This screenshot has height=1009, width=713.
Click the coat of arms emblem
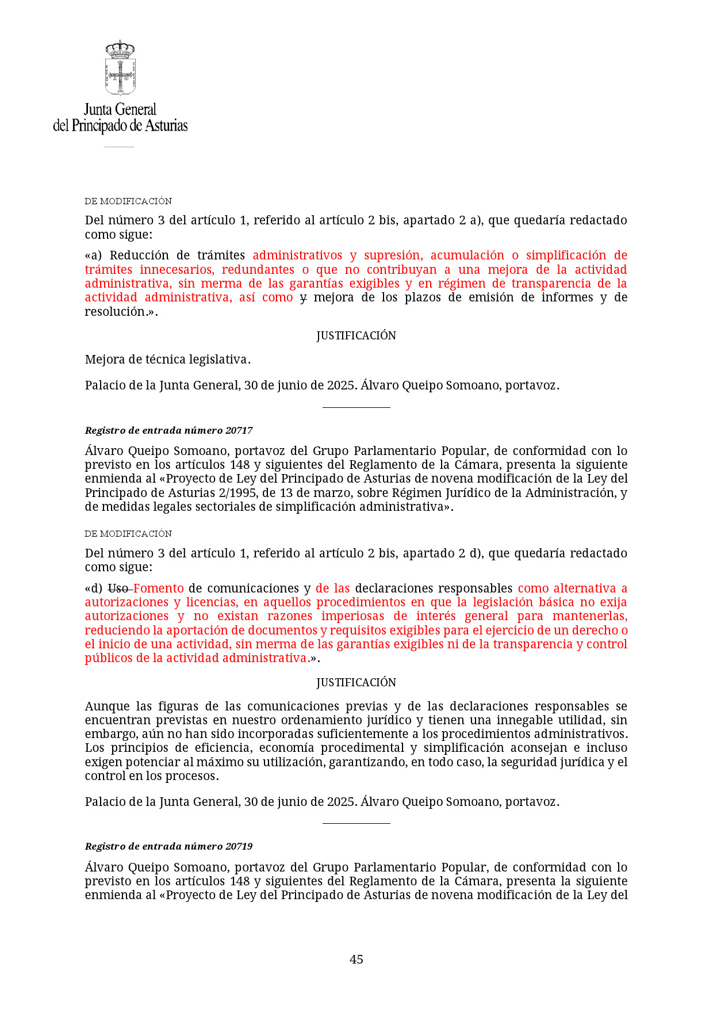[120, 67]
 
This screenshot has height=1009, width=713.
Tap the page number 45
[356, 959]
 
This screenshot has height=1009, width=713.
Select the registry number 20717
[239, 430]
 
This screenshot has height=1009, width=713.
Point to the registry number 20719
[239, 846]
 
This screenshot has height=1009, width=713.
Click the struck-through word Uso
[118, 588]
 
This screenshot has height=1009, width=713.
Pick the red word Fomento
[159, 588]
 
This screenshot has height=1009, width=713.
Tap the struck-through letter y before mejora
[303, 297]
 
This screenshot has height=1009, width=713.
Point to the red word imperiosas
[352, 616]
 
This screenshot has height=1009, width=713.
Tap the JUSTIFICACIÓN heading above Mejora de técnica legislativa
[356, 335]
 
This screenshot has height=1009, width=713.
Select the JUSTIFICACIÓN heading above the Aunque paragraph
[356, 682]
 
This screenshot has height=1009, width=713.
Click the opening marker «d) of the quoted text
[94, 588]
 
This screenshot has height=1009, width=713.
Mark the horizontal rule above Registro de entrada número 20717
[356, 407]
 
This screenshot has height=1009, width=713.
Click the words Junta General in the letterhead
[120, 109]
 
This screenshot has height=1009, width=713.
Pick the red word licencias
[211, 602]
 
